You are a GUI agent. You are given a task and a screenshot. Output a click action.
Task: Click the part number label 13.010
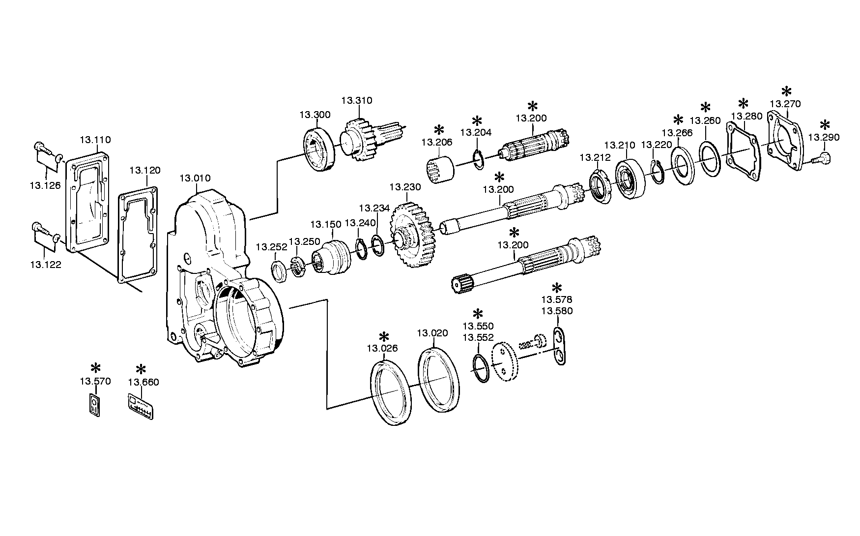pos(195,178)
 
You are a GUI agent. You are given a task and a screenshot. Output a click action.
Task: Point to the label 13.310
pos(357,101)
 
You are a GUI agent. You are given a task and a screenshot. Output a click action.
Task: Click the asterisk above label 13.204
pos(476,121)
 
